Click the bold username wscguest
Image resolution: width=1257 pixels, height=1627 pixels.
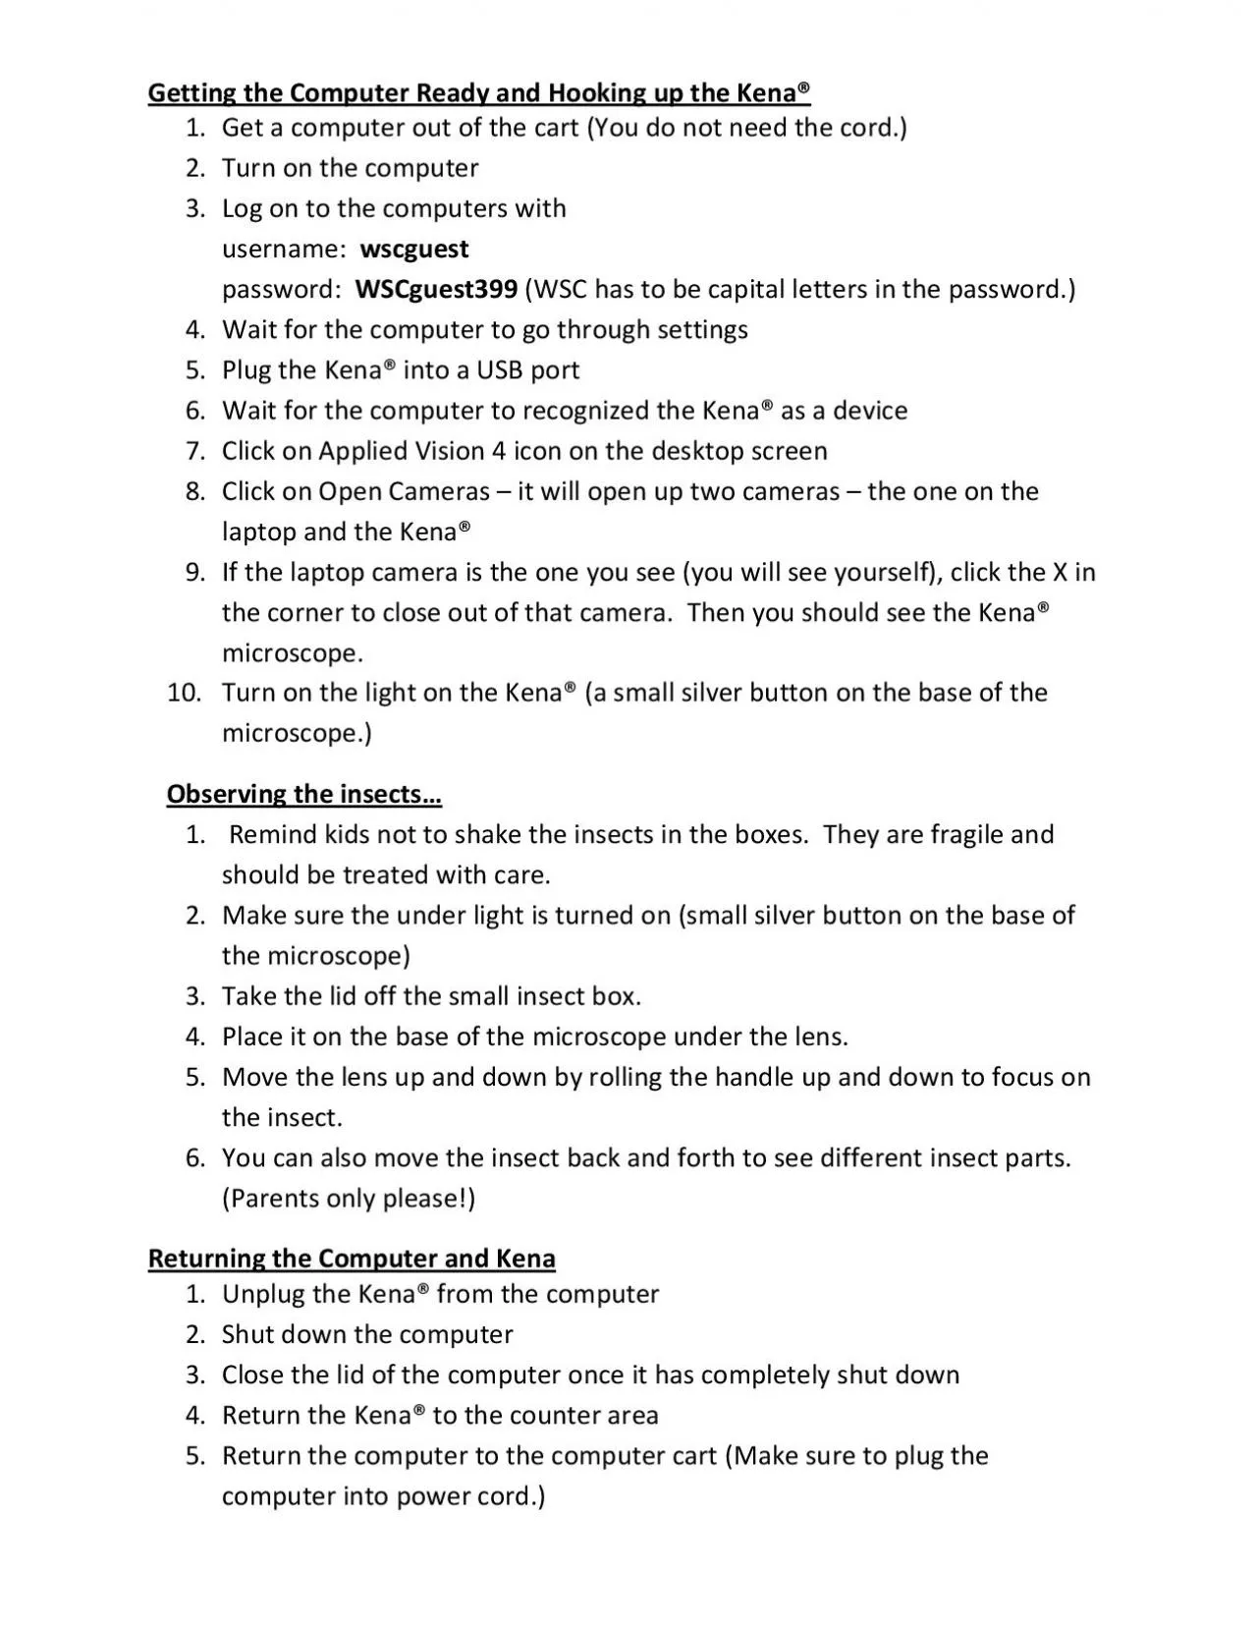[414, 250]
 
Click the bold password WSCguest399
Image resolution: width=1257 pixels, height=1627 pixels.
[436, 290]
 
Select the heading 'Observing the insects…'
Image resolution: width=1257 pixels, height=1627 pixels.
[304, 794]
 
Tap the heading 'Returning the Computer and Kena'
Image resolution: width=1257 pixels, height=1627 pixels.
[352, 1259]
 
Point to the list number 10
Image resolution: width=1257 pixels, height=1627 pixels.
[184, 693]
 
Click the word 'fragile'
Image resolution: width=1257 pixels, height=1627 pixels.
[965, 834]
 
